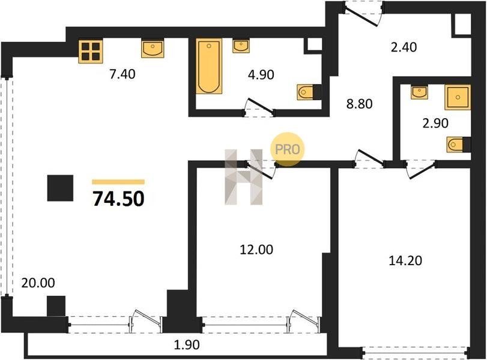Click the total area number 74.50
pos(119,199)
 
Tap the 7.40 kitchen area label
pos(123,74)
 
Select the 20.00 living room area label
pos(38,283)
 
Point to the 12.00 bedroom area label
pos(256,250)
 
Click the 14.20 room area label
pos(405,260)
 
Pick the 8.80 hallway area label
pos(359,104)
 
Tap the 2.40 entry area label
pos(404,47)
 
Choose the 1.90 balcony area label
pos(186,344)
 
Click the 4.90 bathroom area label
pos(261,75)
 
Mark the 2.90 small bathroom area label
pos(435,124)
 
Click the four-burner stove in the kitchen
pos(91,52)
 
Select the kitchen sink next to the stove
pos(153,49)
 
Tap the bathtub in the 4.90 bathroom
pos(209,66)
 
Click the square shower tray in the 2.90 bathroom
pos(458,97)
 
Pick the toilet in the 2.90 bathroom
pos(459,145)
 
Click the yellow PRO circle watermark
pos(287,149)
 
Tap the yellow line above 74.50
pos(118,182)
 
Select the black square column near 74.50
pos(60,188)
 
